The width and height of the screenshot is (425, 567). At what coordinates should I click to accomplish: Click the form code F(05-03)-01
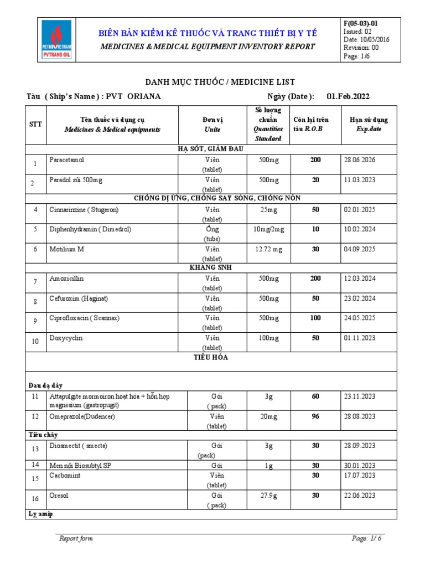[361, 23]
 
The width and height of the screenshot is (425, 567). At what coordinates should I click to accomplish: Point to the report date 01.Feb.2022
[348, 96]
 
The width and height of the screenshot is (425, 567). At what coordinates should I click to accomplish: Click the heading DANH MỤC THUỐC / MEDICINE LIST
[212, 81]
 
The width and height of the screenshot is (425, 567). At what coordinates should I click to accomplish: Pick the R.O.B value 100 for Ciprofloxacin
[315, 318]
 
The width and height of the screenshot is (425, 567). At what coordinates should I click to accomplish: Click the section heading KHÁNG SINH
[212, 267]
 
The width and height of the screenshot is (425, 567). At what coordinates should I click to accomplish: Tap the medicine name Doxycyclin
[66, 338]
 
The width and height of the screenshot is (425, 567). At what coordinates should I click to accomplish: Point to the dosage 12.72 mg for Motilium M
[268, 249]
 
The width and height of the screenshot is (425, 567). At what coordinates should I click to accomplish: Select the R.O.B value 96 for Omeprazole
[315, 416]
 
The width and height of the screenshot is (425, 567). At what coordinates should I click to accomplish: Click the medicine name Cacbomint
[64, 475]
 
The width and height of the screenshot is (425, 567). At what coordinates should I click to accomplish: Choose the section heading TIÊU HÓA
[212, 358]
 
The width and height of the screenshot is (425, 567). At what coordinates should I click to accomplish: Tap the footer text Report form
[76, 538]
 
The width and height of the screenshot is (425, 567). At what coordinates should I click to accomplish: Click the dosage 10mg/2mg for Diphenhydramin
[268, 229]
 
